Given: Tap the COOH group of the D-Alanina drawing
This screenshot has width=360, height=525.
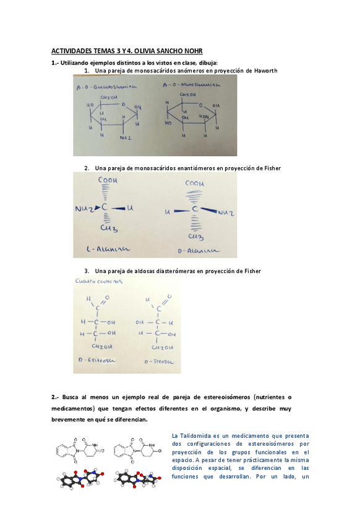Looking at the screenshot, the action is (194, 184).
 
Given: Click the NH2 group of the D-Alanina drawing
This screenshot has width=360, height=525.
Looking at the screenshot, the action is (225, 213).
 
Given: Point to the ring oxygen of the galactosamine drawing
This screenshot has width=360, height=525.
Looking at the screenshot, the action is (124, 105).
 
